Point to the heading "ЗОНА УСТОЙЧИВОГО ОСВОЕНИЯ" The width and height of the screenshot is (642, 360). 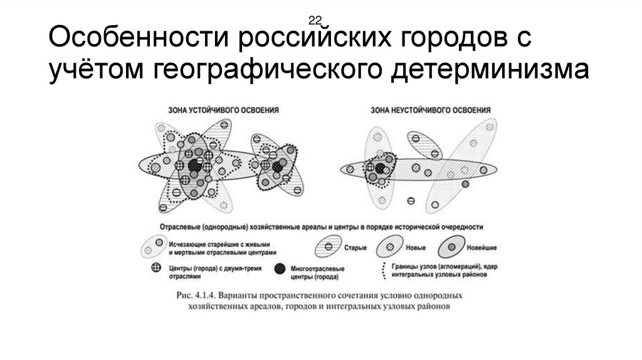tap(224, 109)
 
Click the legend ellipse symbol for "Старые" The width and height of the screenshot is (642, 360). tap(328, 246)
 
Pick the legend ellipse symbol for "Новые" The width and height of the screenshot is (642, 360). tap(392, 246)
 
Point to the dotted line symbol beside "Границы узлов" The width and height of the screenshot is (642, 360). tap(382, 270)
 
